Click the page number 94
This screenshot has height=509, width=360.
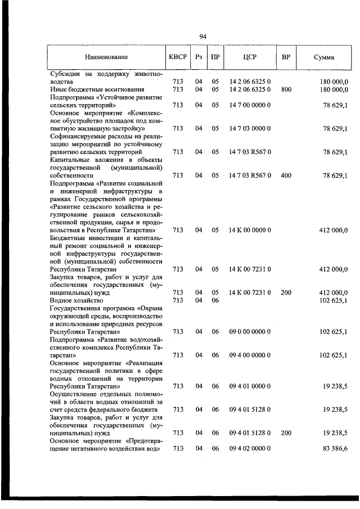(x=203, y=37)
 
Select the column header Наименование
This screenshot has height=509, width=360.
(x=106, y=57)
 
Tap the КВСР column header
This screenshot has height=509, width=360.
(x=178, y=57)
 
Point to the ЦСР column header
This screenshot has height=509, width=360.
(x=250, y=57)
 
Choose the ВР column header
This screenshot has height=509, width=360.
(x=286, y=57)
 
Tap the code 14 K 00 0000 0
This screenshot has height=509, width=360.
(x=250, y=230)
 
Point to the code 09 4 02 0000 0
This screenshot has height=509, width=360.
(x=250, y=448)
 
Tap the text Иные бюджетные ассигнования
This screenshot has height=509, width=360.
(x=89, y=89)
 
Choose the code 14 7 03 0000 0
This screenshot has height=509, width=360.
(x=250, y=129)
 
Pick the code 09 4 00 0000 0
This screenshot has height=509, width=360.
(x=250, y=355)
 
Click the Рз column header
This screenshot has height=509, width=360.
(x=198, y=57)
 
